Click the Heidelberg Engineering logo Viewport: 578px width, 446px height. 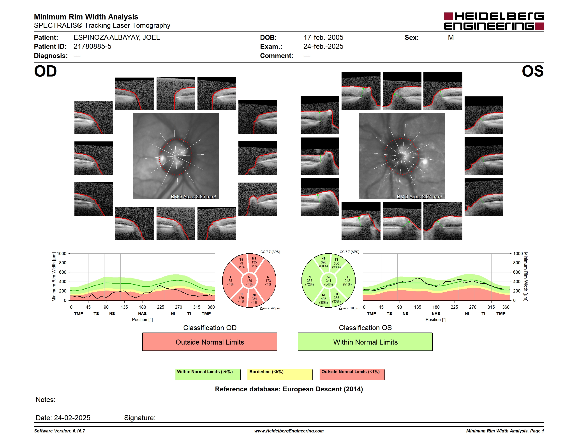point(494,21)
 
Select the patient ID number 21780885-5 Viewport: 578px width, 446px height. point(92,47)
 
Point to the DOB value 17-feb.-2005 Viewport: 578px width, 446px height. point(323,38)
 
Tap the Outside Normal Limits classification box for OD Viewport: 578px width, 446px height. point(210,342)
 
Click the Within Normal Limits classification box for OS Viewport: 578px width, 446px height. point(365,342)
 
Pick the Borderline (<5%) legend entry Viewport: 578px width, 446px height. point(280,374)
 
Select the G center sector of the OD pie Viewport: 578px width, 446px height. point(249,280)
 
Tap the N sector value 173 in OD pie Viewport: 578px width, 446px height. point(268,280)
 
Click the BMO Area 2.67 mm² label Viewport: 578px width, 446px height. point(419,197)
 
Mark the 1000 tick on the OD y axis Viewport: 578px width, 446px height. point(62,254)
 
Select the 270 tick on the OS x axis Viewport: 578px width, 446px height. point(472,307)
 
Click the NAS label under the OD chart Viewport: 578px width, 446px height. point(142,314)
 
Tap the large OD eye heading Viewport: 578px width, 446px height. point(45,71)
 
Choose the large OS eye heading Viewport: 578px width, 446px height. point(532,71)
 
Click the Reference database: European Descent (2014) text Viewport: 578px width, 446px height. point(289,389)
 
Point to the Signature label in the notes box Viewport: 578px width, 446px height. point(140,418)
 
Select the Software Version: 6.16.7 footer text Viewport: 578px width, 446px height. point(60,431)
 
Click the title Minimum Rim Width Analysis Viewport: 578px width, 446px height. point(86,17)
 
